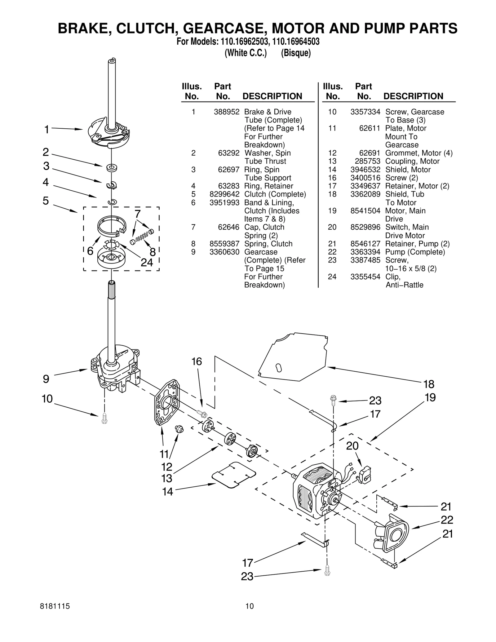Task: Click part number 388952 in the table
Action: [x=226, y=112]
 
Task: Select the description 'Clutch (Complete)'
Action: [x=275, y=194]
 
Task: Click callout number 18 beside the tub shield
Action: [x=429, y=384]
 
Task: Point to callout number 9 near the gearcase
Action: [x=46, y=379]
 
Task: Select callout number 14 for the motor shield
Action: [x=167, y=492]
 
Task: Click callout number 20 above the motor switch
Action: [x=352, y=446]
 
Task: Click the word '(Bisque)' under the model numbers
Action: [x=296, y=53]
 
